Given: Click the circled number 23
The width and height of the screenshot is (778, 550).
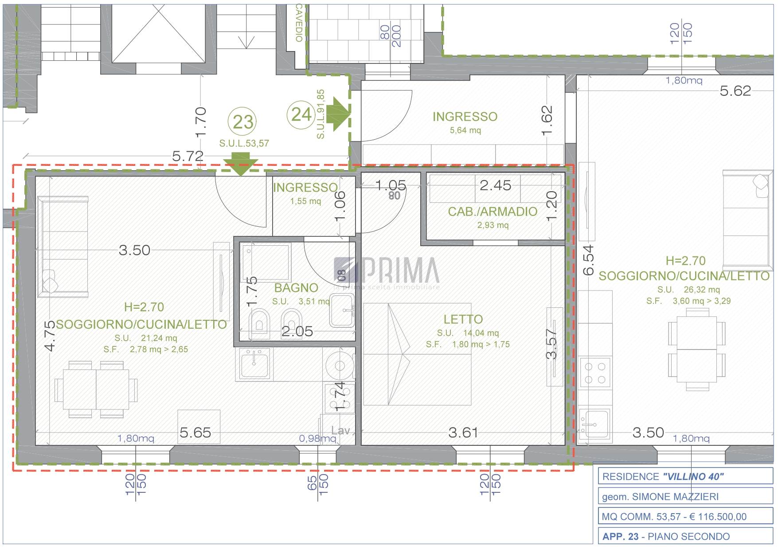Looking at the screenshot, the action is (x=243, y=122).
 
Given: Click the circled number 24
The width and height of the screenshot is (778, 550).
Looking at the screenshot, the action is (x=301, y=114).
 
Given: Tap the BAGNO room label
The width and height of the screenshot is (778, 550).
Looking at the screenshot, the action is (x=296, y=288).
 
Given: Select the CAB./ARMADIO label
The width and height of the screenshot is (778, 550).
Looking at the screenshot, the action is (x=493, y=212).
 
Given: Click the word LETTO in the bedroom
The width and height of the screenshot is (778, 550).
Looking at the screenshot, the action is (x=463, y=319).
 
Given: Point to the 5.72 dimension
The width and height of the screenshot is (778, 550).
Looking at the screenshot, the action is (x=188, y=156).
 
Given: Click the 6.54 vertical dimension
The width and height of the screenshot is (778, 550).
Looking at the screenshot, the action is (x=588, y=260).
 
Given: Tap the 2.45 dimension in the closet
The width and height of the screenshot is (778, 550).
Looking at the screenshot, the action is (x=496, y=185).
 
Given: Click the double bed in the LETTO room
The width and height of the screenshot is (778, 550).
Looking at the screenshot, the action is (x=417, y=354).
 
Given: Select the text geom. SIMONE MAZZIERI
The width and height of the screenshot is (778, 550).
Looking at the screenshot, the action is (x=660, y=497).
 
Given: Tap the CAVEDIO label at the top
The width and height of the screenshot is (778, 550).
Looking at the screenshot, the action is (x=300, y=23).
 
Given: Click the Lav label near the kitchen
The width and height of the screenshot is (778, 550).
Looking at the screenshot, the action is (x=340, y=430).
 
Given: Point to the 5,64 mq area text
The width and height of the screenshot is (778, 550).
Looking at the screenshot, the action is (x=465, y=130).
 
